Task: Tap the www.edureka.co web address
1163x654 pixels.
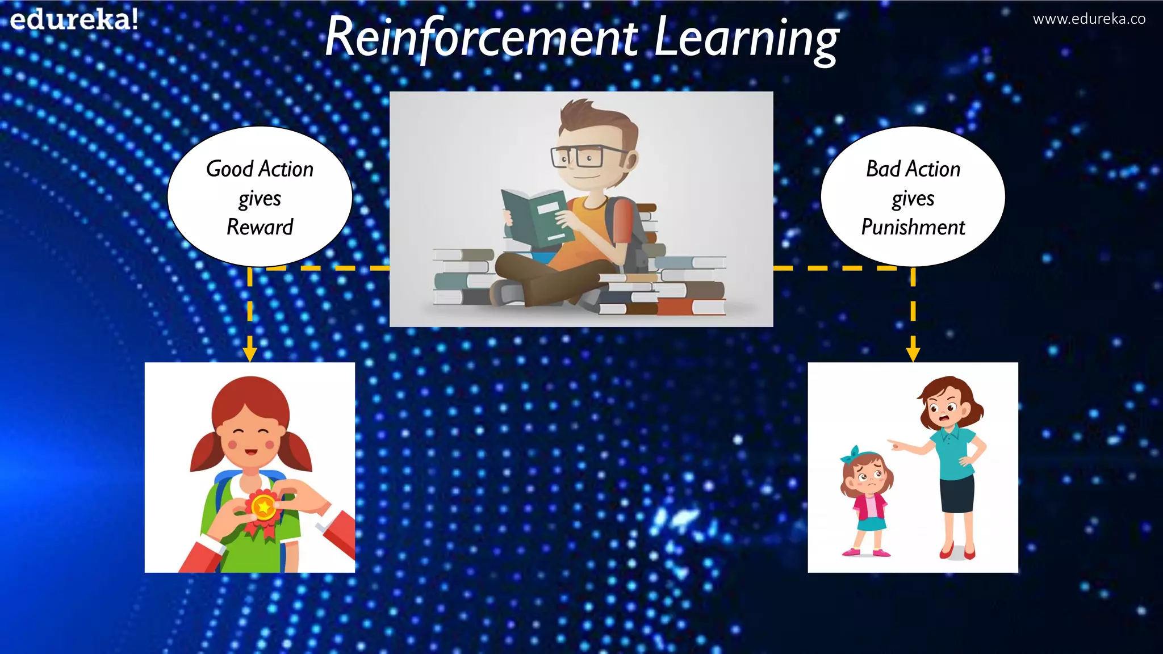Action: (x=1089, y=19)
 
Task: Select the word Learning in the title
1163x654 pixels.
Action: (x=746, y=39)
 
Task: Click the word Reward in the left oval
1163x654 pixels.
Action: (x=260, y=227)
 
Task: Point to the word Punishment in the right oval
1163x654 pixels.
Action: (x=913, y=227)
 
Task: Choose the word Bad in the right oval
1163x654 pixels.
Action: (x=883, y=169)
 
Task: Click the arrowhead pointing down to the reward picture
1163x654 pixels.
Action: (x=250, y=354)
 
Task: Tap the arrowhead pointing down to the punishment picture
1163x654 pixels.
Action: (x=913, y=354)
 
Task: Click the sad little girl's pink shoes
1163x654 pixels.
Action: (x=866, y=551)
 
